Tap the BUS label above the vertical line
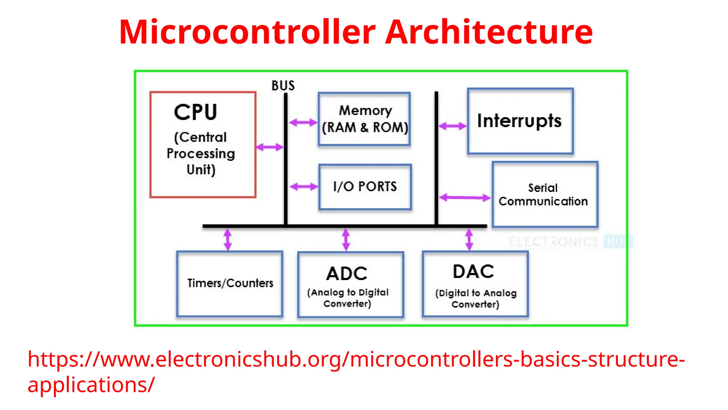point(283,86)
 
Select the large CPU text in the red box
point(196,112)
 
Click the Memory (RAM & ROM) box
point(364,119)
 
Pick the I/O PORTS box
point(365,187)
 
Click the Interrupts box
point(520,121)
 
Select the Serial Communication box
point(545,194)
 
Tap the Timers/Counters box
point(230,284)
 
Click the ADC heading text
point(347,274)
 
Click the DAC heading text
point(473,272)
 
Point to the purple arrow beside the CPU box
point(270,147)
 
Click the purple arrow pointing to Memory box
point(303,123)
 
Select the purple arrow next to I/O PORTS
point(304,186)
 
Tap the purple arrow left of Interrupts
point(452,126)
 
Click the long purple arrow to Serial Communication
point(465,198)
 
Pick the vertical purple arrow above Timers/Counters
point(228,239)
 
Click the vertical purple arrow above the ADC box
point(346,239)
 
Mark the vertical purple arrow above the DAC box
point(469,239)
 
